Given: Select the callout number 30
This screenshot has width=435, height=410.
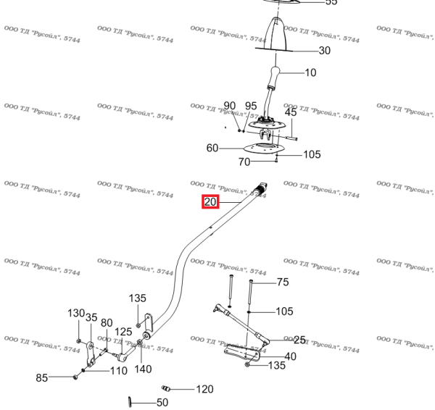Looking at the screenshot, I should tap(324, 51).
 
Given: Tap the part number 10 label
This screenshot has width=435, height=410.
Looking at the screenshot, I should tap(310, 73).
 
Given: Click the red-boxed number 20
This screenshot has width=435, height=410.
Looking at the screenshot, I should tap(210, 202).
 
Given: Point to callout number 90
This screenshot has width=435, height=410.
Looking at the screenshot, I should tap(230, 106).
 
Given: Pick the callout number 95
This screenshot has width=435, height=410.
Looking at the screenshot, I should tap(251, 106).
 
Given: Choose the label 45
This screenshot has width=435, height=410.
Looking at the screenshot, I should tap(291, 112).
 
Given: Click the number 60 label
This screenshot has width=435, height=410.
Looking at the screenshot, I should tap(212, 148).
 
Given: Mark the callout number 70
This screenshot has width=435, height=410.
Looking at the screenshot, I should tap(244, 162).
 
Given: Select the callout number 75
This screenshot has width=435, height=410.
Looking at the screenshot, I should tap(283, 283).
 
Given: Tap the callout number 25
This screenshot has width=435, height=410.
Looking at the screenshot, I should tap(299, 340).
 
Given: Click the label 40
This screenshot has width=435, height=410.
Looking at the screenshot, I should tap(290, 356).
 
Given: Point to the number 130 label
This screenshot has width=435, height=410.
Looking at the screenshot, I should tap(76, 313).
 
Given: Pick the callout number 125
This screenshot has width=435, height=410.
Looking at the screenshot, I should tap(124, 332).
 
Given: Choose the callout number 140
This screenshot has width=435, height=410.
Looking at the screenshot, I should tap(143, 369).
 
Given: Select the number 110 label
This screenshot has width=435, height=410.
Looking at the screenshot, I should tap(119, 371).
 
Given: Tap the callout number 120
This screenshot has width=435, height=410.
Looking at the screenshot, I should tap(205, 389).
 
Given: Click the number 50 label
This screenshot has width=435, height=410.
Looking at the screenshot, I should tap(162, 402).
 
